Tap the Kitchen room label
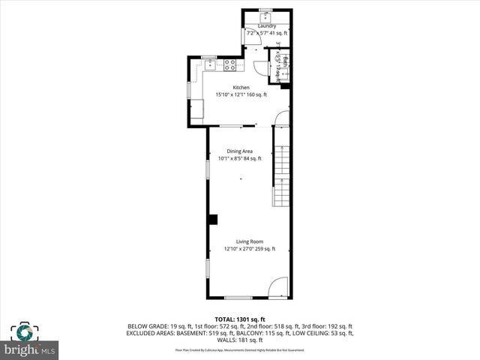(x=241, y=88)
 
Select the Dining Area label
(x=240, y=151)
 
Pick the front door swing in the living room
(x=277, y=288)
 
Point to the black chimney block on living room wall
(x=213, y=219)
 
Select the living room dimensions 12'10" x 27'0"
(x=240, y=249)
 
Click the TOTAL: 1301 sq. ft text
(x=240, y=319)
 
